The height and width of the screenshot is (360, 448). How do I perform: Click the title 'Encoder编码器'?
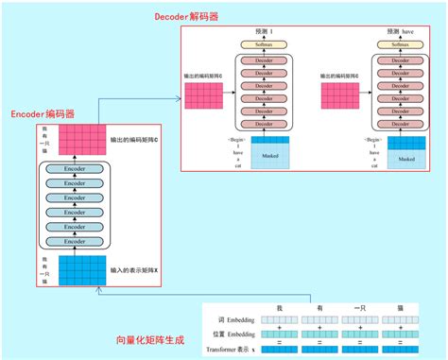tap(43, 114)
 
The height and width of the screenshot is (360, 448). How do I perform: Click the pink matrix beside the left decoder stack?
tap(203, 97)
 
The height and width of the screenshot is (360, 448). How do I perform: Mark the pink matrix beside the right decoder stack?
tap(338, 97)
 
